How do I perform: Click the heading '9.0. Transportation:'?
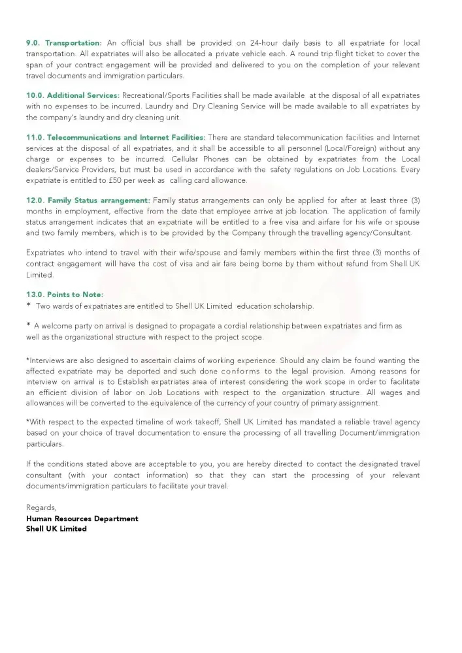64,42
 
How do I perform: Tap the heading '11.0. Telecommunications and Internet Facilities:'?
116,137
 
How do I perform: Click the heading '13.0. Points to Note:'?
64,295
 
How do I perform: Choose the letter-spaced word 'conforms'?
240,372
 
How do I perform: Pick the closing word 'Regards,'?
41,507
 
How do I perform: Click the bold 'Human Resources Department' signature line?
82,518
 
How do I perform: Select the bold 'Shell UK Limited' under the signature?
56,529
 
